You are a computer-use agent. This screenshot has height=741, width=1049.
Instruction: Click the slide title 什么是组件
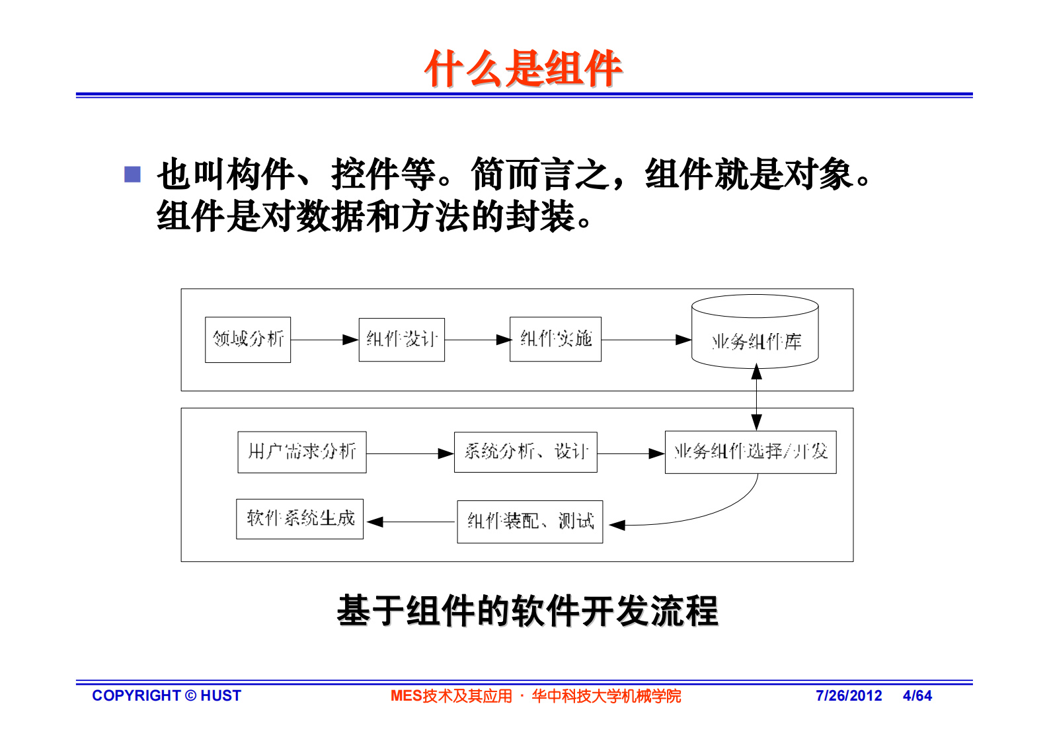tap(524, 68)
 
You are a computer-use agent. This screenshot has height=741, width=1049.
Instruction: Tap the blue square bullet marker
tap(133, 174)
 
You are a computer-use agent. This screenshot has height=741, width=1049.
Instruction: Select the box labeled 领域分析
tap(248, 340)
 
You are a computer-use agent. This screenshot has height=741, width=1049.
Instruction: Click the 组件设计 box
tap(401, 340)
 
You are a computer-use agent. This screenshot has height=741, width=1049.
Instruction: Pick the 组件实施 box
tap(555, 339)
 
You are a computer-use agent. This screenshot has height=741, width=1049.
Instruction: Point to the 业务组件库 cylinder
tap(755, 334)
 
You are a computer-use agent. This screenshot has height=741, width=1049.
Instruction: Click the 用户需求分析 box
tap(302, 452)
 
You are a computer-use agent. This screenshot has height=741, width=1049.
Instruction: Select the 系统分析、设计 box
tap(525, 452)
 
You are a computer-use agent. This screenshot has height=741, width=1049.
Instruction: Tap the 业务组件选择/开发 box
tap(750, 452)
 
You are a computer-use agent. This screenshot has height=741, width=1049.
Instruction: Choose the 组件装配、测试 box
tap(529, 522)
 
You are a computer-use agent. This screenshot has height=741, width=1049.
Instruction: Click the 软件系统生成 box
tap(300, 519)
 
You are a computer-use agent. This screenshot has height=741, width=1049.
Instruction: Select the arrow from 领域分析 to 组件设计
tap(324, 340)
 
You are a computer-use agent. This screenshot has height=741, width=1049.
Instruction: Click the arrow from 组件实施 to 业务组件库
tap(646, 340)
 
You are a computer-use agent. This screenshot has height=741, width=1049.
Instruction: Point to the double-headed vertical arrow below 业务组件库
tap(756, 397)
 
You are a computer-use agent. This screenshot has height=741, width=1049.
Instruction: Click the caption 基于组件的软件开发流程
tap(527, 610)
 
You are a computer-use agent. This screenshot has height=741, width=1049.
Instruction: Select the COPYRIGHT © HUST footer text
tap(167, 695)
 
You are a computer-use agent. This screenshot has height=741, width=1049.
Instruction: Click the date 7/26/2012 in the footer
tap(849, 695)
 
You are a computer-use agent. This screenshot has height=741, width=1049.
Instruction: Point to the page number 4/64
tap(917, 695)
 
